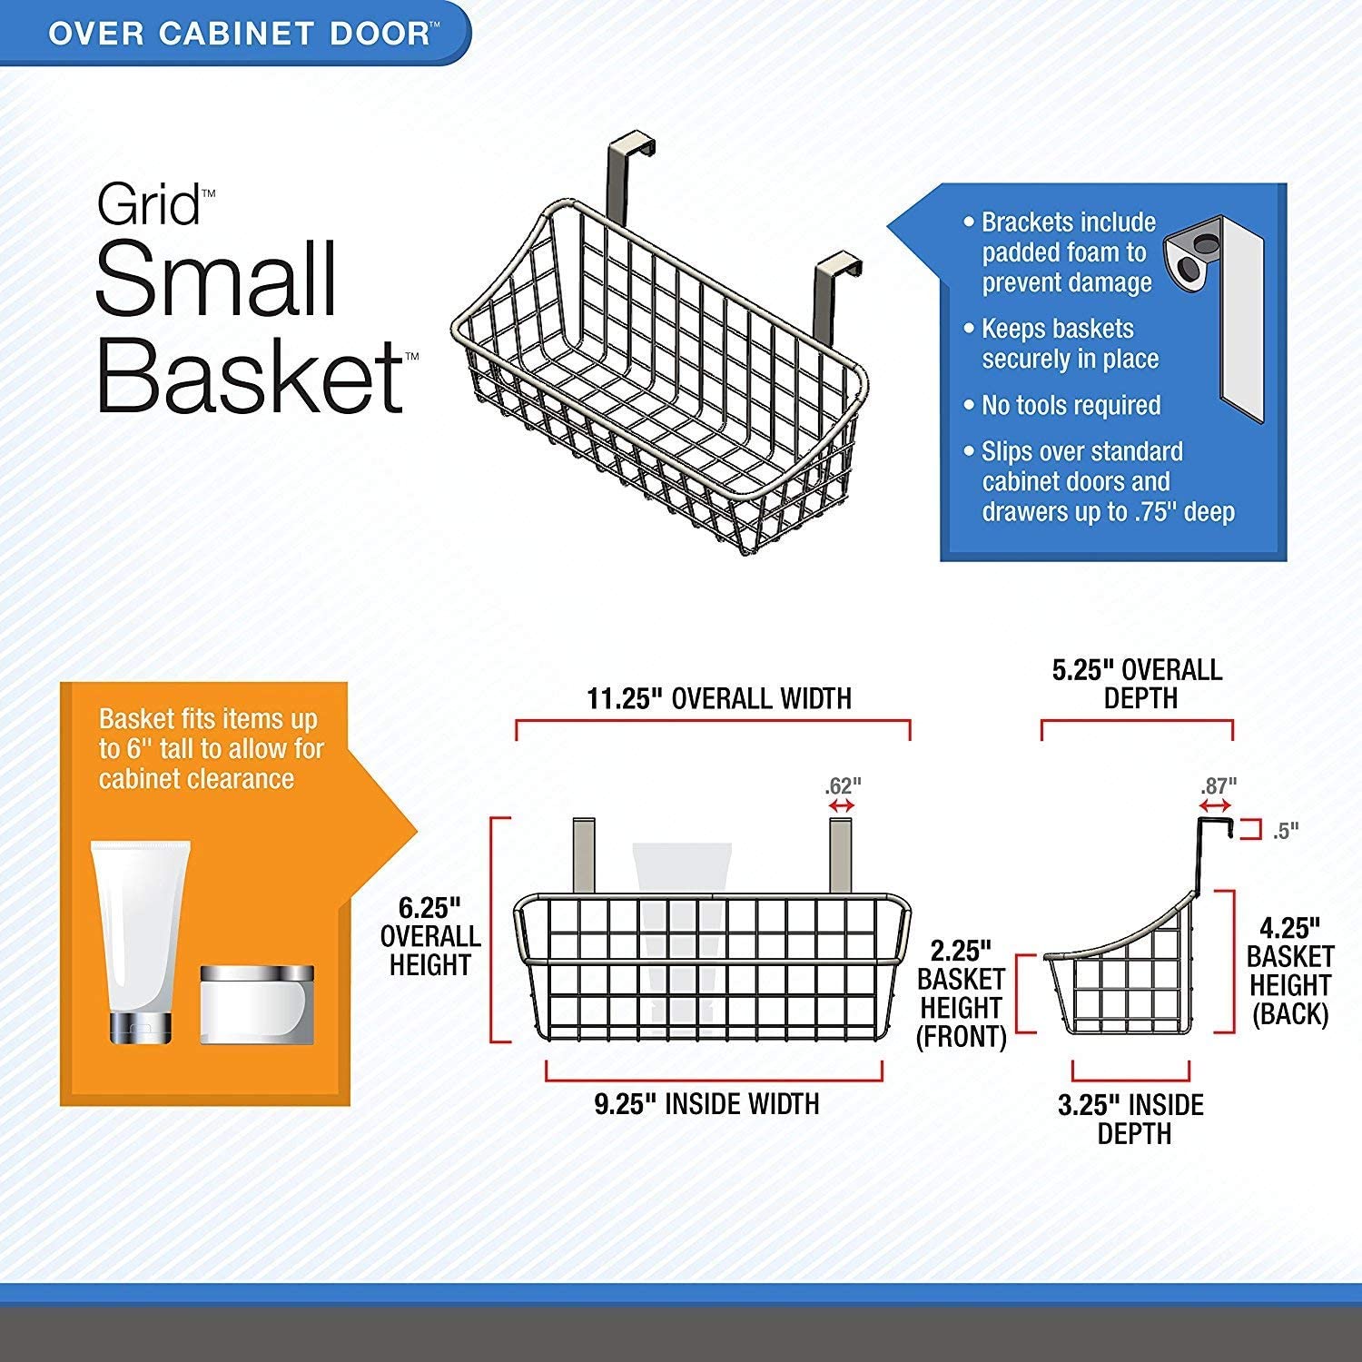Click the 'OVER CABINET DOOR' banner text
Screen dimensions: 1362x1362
238,34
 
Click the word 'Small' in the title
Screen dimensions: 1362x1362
217,279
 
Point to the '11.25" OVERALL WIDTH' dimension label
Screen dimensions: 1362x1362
719,698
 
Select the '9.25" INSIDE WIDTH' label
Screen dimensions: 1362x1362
706,1103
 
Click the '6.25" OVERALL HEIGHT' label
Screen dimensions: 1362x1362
430,936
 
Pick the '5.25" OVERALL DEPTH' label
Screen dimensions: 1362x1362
1138,684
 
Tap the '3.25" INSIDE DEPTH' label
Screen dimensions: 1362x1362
1131,1119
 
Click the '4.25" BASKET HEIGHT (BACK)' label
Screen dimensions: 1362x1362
1289,971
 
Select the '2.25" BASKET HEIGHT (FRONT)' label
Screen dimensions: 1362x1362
962,994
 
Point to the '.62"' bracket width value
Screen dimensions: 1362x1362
842,785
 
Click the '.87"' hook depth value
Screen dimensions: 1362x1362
1219,785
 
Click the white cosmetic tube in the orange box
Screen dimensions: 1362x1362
140,942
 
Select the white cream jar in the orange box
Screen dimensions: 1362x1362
257,1004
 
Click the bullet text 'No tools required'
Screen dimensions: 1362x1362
1071,405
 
